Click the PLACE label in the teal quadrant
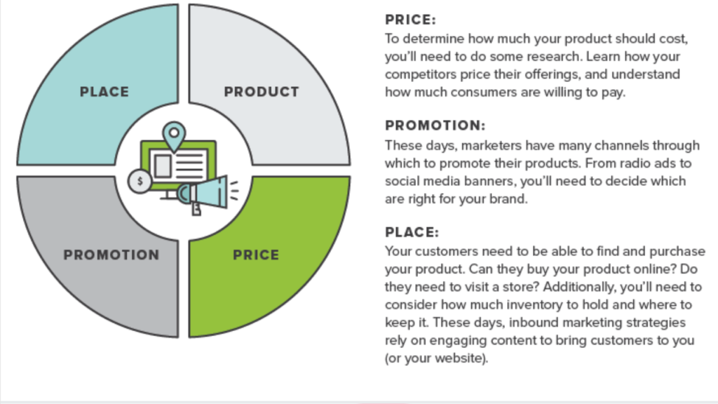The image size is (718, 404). pos(104,92)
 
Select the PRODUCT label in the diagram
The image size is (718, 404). pos(262,92)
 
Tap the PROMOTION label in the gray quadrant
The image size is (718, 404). pos(111,255)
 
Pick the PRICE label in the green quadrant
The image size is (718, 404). pos(256,255)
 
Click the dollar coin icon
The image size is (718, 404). pos(140,182)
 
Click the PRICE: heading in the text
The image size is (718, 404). pos(411,20)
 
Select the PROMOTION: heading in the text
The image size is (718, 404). pos(435,126)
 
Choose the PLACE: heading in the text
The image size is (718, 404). pos(412,232)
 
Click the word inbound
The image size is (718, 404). pos(534,323)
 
